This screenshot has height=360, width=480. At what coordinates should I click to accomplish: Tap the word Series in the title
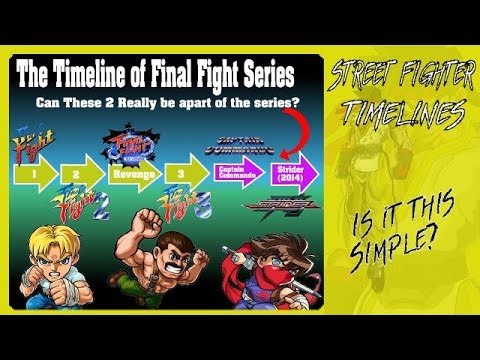pos(263,74)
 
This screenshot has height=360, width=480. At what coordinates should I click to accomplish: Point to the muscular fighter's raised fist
pos(149,219)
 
